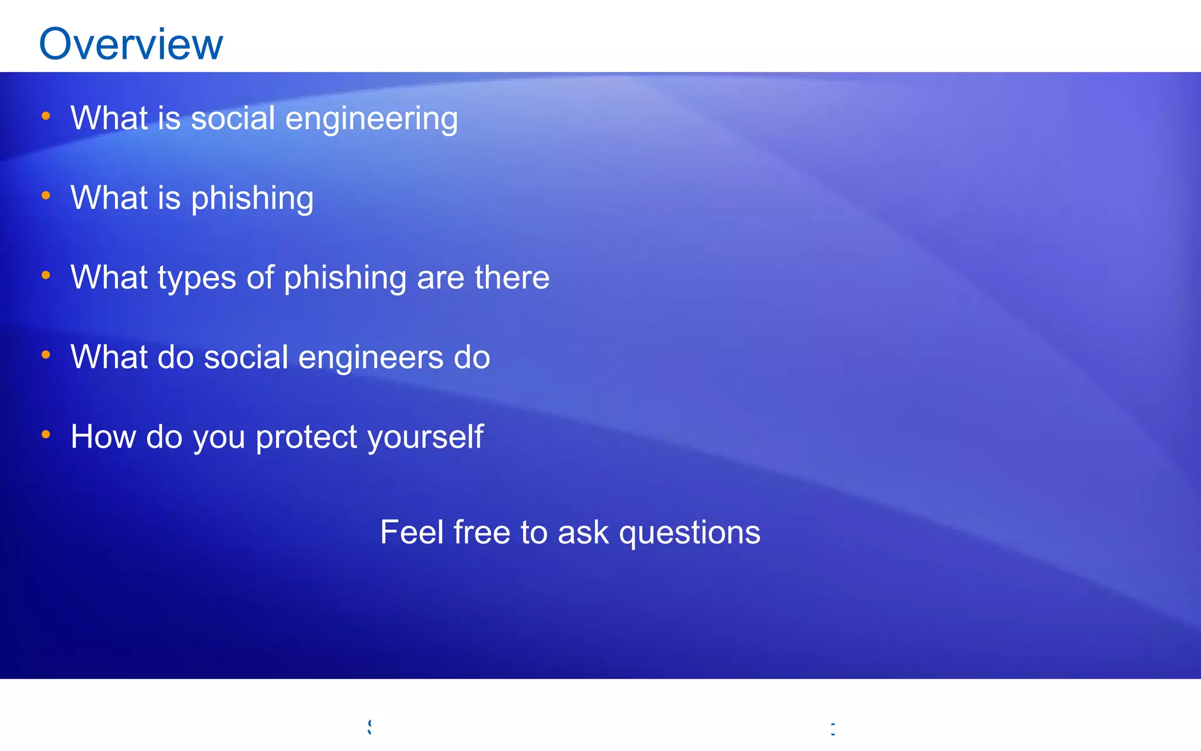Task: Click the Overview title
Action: pos(131,44)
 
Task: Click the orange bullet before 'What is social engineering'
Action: pos(46,116)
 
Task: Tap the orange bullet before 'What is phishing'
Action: pos(46,195)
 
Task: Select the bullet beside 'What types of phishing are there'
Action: pos(46,275)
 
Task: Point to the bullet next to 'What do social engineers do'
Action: pos(46,355)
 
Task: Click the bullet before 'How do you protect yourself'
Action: pos(46,435)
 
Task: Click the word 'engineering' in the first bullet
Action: pos(371,119)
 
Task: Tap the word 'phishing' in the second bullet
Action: pos(252,199)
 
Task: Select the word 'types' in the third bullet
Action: pos(196,279)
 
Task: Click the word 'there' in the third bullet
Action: pos(512,278)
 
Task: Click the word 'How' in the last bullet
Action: pos(103,437)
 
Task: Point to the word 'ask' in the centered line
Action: pos(583,533)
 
